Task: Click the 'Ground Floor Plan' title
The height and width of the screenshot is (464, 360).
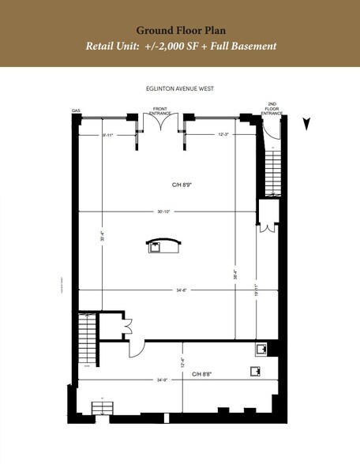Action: [x=179, y=28]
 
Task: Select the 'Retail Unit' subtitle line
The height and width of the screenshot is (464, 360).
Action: [x=180, y=46]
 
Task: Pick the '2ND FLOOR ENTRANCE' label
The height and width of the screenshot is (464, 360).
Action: [x=272, y=109]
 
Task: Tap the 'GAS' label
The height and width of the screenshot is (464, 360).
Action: [x=77, y=111]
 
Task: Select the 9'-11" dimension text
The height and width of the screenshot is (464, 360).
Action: [x=108, y=135]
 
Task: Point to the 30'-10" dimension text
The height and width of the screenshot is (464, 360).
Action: [x=163, y=211]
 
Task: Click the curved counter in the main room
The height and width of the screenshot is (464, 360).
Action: [x=163, y=244]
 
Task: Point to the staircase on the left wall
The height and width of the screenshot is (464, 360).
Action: [x=87, y=339]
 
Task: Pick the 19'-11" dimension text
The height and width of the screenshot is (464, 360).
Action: [x=254, y=289]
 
